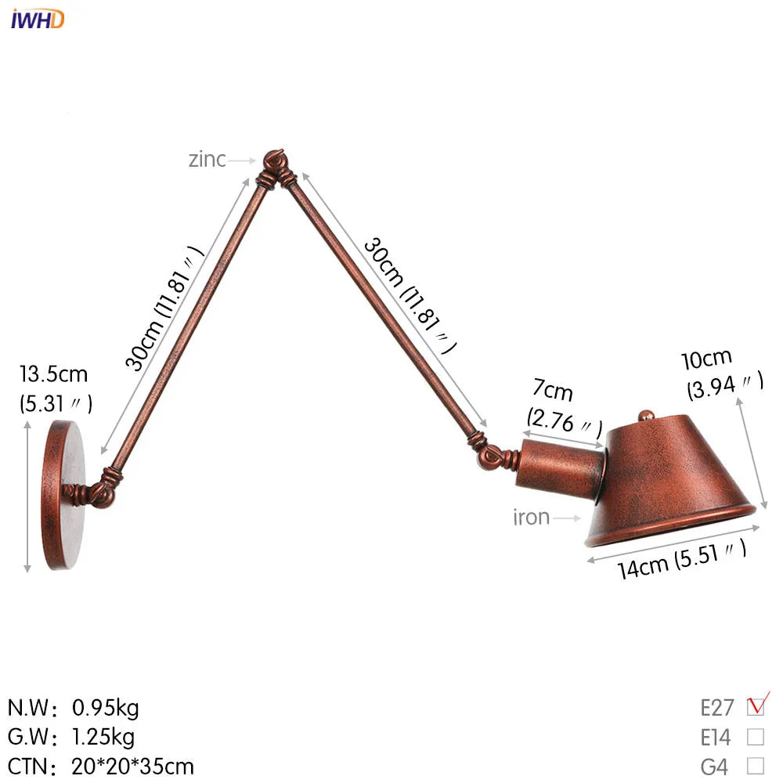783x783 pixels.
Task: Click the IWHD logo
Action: (38, 18)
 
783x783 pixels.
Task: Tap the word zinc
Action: (207, 160)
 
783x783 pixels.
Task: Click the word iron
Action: (532, 517)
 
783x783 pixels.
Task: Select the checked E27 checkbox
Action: (756, 707)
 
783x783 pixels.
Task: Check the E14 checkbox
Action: (756, 737)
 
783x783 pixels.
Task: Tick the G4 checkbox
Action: (756, 765)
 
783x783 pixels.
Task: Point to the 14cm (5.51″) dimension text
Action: (681, 557)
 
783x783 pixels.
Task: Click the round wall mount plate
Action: (65, 495)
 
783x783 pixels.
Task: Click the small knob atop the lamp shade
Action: (645, 415)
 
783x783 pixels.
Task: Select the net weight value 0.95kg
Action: (105, 709)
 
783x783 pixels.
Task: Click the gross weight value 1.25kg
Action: (103, 737)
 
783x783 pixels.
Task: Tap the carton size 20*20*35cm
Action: (133, 766)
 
